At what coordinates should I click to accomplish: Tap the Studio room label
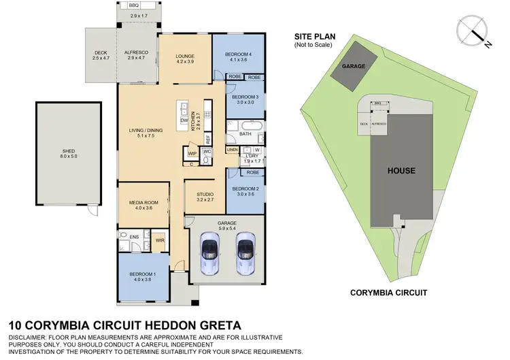(x=205, y=197)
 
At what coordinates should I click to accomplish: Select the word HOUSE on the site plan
(x=401, y=170)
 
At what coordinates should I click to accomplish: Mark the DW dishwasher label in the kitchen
(x=184, y=120)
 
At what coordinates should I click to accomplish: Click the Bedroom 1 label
(x=143, y=277)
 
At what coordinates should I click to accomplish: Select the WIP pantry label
(x=192, y=154)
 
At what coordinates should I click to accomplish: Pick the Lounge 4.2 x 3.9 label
(x=186, y=59)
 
